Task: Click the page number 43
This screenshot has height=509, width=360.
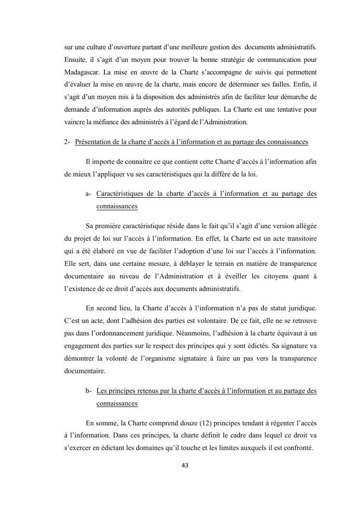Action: point(185,465)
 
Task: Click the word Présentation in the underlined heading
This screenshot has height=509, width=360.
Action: point(97,142)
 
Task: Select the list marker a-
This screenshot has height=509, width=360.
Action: point(88,194)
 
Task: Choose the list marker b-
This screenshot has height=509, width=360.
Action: point(88,391)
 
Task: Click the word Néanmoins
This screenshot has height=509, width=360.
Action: point(196,333)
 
